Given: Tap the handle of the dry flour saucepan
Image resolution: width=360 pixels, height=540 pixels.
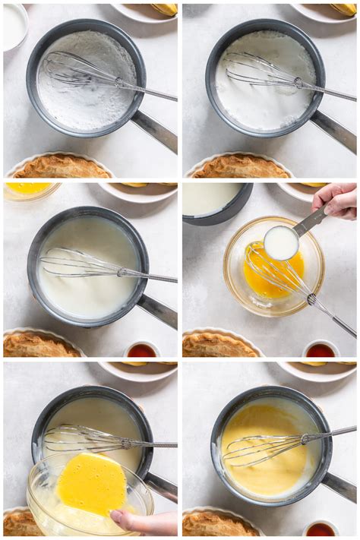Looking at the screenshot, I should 156,130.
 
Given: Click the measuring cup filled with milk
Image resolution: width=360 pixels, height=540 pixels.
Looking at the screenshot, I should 281,242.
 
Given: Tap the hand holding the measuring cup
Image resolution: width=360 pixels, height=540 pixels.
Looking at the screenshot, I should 337,200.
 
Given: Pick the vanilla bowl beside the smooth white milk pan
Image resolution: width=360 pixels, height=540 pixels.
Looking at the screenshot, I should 141,350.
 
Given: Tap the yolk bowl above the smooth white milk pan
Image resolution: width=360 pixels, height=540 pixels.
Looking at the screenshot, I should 29,190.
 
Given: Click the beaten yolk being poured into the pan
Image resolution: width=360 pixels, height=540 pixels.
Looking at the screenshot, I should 92,484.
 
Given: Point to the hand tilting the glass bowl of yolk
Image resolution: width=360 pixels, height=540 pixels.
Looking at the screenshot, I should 144,522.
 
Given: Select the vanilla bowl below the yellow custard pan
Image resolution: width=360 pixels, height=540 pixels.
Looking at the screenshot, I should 321,529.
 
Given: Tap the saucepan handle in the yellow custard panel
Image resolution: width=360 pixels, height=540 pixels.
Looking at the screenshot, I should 339,485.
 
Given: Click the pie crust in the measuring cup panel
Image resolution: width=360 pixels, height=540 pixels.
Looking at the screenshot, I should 221,345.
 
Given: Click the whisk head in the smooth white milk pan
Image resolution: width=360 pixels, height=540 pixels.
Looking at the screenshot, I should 76,264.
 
